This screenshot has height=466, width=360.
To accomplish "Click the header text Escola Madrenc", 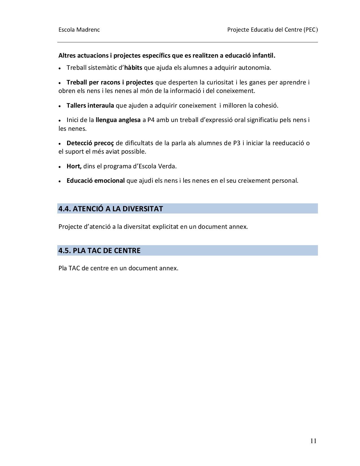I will (x=79, y=30).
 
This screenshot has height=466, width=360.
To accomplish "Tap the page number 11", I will (x=313, y=441).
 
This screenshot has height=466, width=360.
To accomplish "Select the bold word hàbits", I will (x=133, y=68).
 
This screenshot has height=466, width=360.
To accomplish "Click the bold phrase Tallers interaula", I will (x=90, y=106).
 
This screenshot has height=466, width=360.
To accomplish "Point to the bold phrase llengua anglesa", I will (x=118, y=120).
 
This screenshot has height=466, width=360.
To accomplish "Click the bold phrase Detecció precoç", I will (x=90, y=143).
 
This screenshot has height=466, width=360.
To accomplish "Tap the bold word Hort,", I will (x=74, y=166).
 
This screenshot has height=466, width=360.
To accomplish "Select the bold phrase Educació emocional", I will (x=95, y=181).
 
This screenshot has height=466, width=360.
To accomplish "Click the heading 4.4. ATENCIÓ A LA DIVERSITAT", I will (x=111, y=209).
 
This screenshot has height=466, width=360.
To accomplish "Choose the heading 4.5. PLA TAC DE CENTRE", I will (x=99, y=251).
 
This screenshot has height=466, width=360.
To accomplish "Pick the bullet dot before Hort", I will (x=60, y=167).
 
